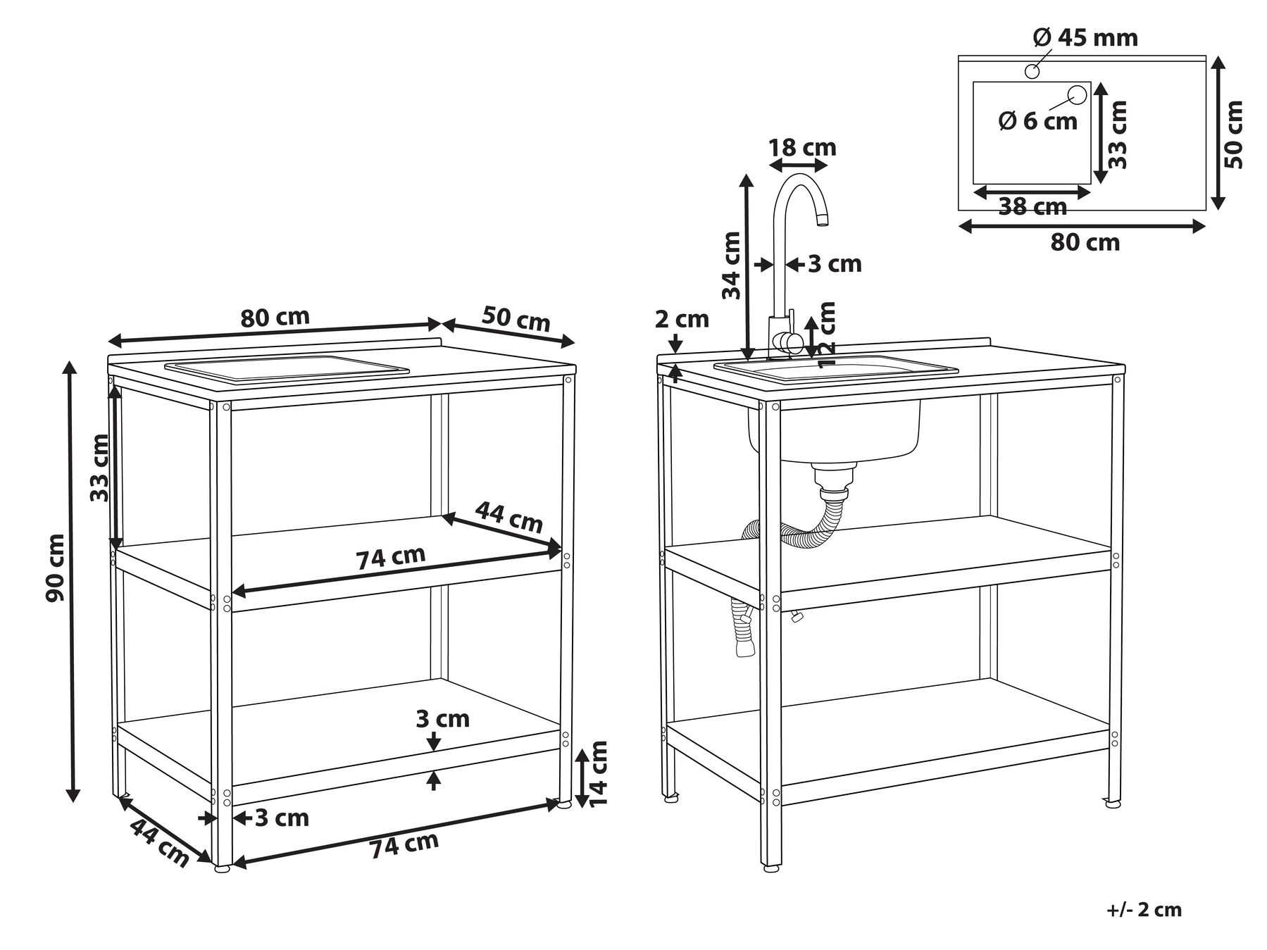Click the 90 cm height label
(x=55, y=568)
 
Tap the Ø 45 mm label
(x=1085, y=37)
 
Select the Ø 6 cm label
(x=1038, y=121)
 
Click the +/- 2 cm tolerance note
(x=1144, y=909)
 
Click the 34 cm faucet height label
(x=732, y=265)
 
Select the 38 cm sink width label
(x=1032, y=207)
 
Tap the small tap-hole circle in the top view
(x=1032, y=71)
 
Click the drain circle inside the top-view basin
(x=1077, y=94)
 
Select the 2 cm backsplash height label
(x=682, y=320)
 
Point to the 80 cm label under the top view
(x=1085, y=243)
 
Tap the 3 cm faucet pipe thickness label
(x=835, y=264)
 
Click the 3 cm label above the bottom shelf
(x=442, y=719)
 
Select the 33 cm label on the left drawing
(x=100, y=468)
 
